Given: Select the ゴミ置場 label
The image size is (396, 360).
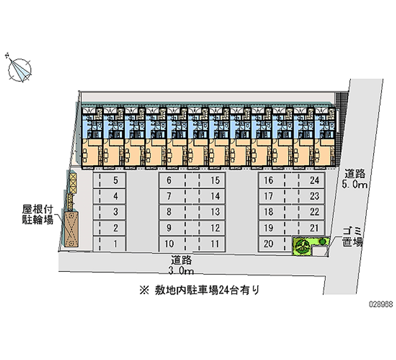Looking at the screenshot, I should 353,237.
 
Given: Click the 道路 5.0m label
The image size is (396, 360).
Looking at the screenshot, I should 355,180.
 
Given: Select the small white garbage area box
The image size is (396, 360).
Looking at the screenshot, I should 319,252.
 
